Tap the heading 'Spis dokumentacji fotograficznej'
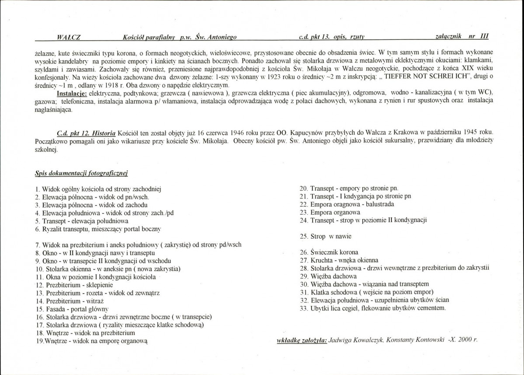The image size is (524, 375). point(81,174)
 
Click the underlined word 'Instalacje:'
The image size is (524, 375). point(72,93)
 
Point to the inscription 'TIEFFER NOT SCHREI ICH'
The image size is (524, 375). point(425,76)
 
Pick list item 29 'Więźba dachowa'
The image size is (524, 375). point(328,276)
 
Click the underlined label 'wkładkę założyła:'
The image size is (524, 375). point(302,340)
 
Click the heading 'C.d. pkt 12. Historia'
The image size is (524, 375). point(86,132)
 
